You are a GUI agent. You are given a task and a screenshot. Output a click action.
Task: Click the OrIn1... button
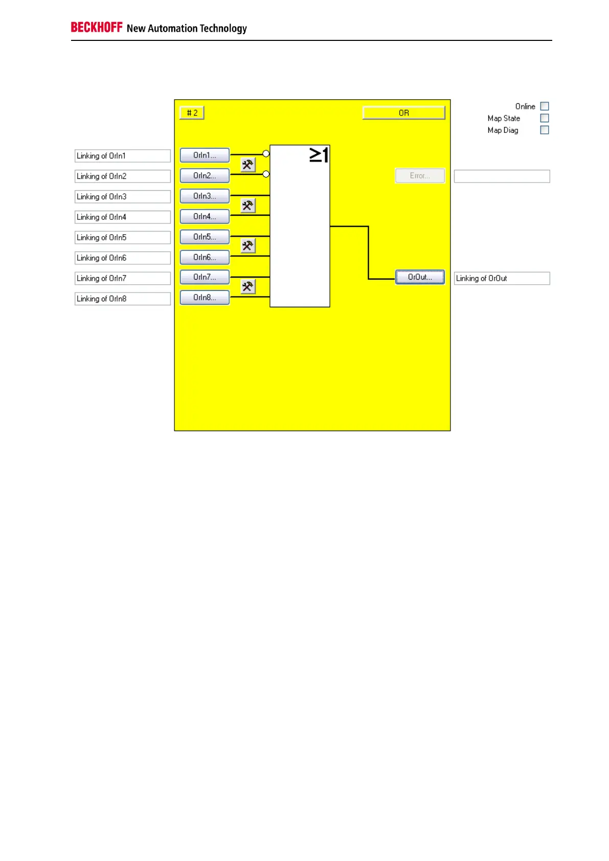205,155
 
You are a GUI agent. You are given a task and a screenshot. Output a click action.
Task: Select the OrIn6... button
205,258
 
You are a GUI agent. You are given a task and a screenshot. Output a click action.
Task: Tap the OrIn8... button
205,298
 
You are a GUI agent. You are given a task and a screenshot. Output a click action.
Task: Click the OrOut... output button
420,277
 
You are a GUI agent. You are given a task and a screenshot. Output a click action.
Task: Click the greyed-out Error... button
420,176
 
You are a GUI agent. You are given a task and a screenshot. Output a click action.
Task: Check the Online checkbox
545,106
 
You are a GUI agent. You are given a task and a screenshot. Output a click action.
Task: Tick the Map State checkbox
545,118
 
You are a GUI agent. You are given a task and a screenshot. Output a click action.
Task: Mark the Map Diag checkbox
545,130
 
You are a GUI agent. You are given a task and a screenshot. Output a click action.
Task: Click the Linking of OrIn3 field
123,197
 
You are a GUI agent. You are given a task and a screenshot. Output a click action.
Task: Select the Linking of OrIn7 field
123,279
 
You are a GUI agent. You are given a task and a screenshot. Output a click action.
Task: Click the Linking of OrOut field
502,279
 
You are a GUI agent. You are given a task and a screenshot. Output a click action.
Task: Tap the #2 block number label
192,113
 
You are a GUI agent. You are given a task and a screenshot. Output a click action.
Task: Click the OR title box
403,113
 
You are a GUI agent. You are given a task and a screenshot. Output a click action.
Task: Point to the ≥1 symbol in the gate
319,155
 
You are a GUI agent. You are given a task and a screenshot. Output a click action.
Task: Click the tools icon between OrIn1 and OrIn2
248,165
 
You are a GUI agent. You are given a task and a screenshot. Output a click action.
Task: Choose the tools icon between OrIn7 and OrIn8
248,287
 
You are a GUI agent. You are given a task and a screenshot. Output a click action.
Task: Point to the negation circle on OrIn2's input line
266,174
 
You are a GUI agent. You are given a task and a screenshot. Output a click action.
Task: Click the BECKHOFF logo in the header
97,28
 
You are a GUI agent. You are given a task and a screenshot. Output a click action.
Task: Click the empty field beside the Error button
502,176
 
